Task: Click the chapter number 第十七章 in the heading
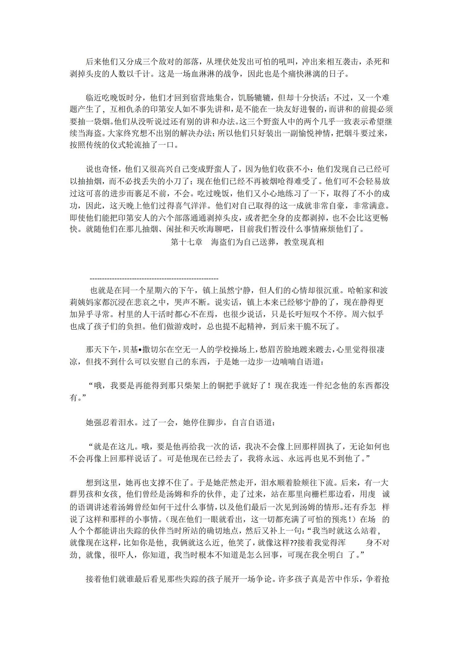click(187, 242)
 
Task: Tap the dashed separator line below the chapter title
click(154, 279)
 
